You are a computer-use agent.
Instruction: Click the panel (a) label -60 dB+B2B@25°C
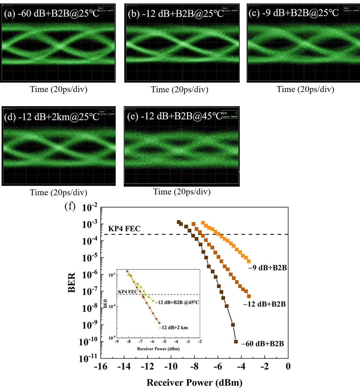pos(52,14)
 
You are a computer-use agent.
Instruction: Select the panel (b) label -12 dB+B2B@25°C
pos(176,14)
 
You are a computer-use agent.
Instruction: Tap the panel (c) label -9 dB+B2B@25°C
pos(293,13)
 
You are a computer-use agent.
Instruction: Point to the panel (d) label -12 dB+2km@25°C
pos(52,117)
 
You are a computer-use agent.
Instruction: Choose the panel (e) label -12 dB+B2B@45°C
pos(175,116)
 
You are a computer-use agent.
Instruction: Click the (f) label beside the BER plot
pos(70,206)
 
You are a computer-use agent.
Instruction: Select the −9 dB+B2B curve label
pos(268,268)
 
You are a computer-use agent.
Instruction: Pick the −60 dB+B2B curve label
pos(262,344)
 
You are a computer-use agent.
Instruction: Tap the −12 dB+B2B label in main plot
pos(264,304)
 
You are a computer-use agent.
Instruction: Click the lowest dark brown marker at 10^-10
pos(236,341)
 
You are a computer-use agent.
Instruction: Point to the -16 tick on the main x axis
pos(100,366)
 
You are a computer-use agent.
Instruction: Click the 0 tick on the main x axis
pos(288,366)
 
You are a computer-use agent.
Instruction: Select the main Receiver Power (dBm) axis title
pos(194,383)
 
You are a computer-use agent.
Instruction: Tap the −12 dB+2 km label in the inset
pos(173,327)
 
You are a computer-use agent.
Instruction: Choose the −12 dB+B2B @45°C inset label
pos(177,302)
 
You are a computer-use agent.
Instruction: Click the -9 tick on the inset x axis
pos(117,342)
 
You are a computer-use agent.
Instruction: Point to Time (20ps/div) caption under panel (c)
pos(305,89)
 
